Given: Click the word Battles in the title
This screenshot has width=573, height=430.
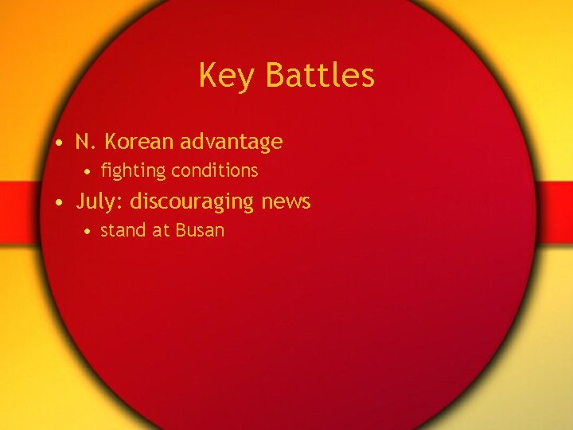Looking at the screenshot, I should point(320,76).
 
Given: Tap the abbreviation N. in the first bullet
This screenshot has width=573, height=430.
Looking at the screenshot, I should point(86,142).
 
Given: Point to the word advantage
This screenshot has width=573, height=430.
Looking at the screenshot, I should point(231,143).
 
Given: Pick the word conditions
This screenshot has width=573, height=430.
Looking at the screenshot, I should point(215,170).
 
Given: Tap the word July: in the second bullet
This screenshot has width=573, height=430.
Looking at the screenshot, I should point(99,201).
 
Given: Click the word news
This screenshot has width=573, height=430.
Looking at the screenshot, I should point(286,201).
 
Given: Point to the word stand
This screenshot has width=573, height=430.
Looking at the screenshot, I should point(123,230).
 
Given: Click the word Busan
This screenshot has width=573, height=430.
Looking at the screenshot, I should point(201,230).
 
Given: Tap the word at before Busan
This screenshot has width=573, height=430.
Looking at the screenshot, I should point(162,231).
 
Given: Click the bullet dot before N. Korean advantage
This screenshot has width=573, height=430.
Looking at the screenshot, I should point(60,144).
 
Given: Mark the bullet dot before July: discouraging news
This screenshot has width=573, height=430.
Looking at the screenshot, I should point(60,204).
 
